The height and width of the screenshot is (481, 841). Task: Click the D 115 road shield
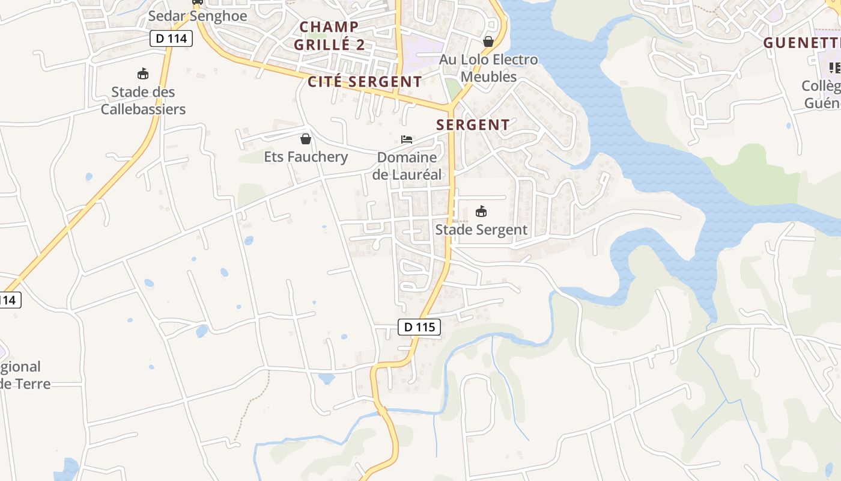[419, 327]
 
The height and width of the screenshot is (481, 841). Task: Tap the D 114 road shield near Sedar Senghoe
[171, 38]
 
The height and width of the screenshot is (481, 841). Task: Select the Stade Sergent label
[481, 230]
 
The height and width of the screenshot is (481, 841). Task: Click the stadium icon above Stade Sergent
[481, 212]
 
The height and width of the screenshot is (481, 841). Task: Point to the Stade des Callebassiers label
[143, 100]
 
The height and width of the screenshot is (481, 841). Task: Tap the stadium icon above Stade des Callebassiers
[143, 74]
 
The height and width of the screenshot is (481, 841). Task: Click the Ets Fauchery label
[306, 157]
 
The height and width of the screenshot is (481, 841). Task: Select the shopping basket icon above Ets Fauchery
[306, 139]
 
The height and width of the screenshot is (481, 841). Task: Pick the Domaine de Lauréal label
[407, 166]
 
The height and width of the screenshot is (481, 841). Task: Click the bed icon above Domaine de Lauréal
[407, 139]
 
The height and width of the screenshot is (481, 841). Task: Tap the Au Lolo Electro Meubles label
[488, 68]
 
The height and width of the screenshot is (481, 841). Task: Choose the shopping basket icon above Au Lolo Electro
[488, 41]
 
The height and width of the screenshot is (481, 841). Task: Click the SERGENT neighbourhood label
[473, 125]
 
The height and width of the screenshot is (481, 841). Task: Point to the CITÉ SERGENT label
[365, 82]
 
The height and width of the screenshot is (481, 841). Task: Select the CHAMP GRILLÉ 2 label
[329, 35]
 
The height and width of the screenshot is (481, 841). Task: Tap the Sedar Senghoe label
[198, 16]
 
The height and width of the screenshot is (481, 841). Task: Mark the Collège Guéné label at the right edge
[822, 94]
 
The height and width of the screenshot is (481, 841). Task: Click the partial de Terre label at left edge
[24, 384]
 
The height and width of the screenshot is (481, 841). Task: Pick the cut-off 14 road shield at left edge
[10, 299]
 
